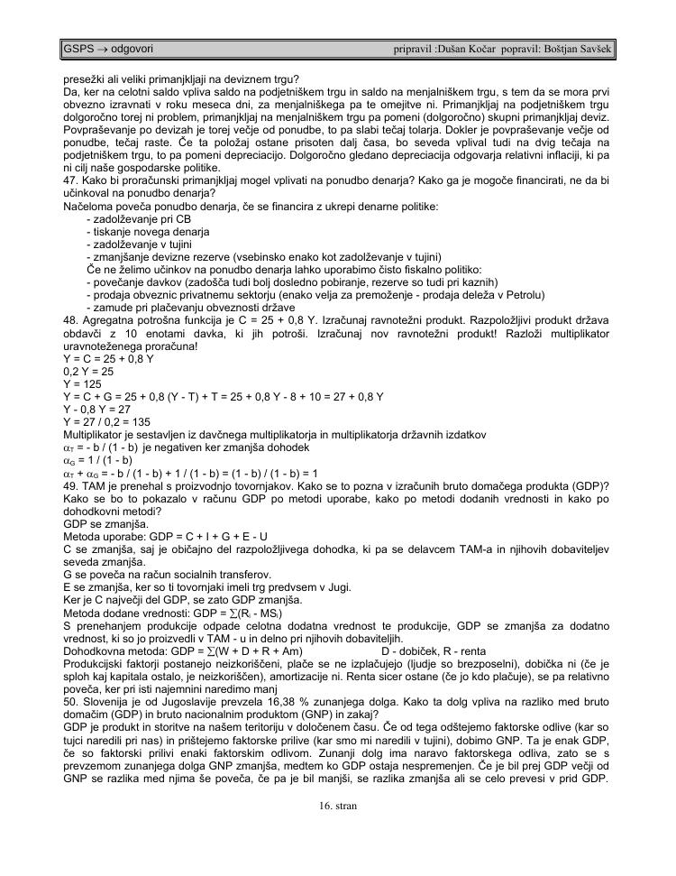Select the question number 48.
point(69,320)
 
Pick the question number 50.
point(69,685)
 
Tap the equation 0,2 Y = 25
point(88,371)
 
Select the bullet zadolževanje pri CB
point(139,219)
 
